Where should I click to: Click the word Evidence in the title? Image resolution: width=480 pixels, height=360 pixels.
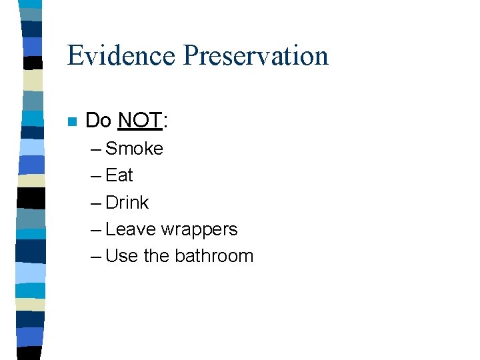coord(122,55)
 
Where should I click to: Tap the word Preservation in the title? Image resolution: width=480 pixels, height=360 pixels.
coord(256,55)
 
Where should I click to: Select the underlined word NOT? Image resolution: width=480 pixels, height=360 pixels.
coord(139,121)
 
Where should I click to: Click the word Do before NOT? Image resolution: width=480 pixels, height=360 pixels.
coord(99,121)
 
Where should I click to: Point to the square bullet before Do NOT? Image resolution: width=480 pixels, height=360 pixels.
coord(73,121)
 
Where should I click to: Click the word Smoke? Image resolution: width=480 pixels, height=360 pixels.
coord(134,149)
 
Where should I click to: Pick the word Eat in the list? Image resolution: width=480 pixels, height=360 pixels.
coord(119,175)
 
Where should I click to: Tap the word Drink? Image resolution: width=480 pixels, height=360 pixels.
coord(127,203)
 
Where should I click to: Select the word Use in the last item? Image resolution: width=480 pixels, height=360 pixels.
coord(121,256)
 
